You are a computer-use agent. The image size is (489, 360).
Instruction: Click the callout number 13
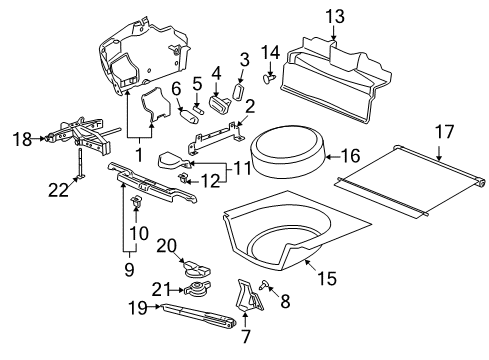tap(333, 15)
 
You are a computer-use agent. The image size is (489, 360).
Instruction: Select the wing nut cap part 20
tap(194, 269)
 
